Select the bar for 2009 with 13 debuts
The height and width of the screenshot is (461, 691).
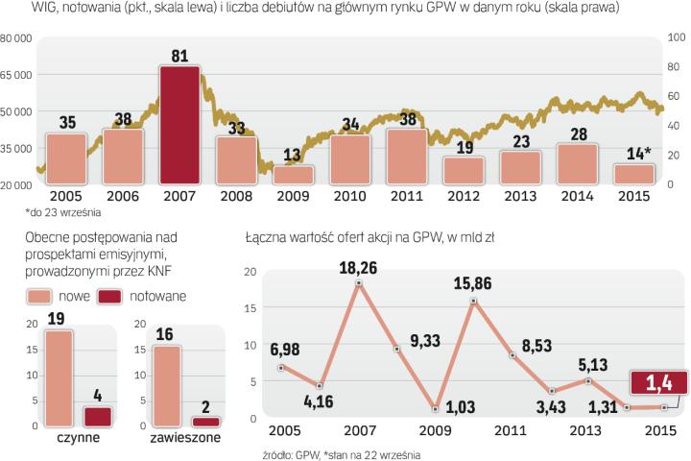click(293, 174)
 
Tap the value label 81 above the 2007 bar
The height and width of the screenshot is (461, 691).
click(179, 57)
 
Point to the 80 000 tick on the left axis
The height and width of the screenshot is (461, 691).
click(16, 37)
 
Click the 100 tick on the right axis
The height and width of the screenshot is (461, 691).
click(675, 37)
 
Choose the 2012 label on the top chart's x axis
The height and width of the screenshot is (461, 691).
click(463, 196)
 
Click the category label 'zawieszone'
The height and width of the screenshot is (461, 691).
click(185, 437)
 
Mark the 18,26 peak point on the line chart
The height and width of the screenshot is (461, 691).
click(358, 283)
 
